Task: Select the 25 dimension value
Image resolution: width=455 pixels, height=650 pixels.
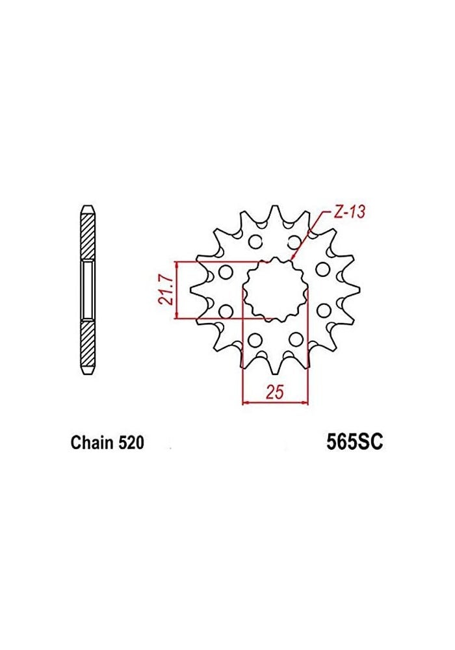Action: tap(274, 393)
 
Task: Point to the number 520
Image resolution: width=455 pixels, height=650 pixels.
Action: tap(130, 443)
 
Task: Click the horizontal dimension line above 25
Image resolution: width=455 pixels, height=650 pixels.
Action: tap(274, 403)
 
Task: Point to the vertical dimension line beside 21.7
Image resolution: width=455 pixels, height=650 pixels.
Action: tap(176, 291)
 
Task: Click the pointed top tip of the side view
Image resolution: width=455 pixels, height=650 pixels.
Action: tap(87, 207)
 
